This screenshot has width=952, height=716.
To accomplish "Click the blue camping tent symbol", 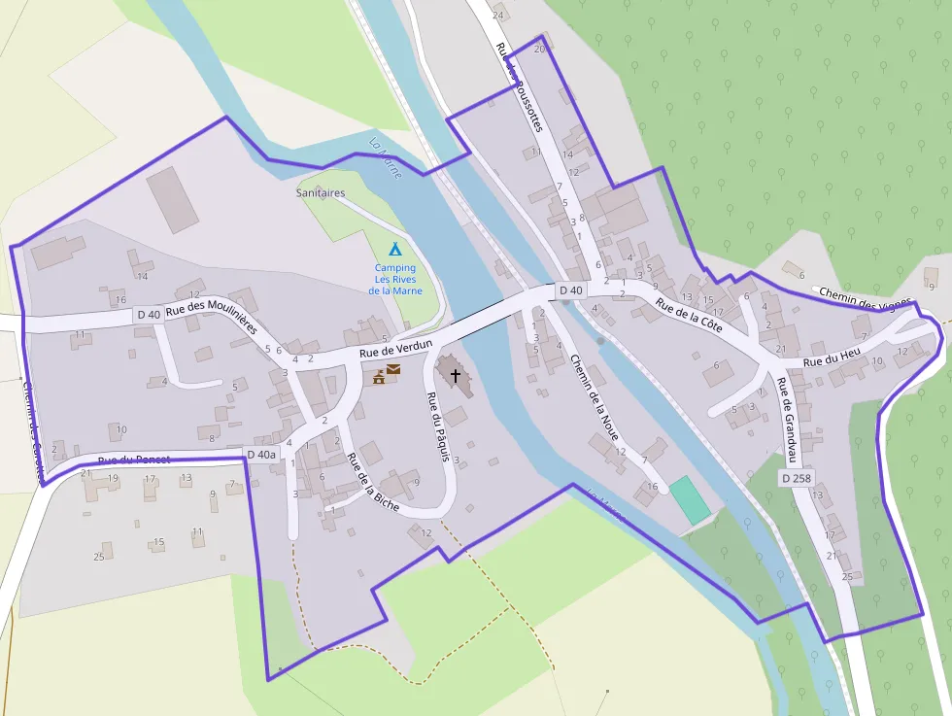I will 394,249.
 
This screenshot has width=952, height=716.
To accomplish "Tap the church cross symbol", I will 455,373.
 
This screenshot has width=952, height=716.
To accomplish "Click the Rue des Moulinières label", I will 211,318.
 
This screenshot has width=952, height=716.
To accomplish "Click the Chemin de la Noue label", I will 595,397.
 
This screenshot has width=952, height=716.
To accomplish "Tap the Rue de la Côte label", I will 689,316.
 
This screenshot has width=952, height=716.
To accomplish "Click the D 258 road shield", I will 796,478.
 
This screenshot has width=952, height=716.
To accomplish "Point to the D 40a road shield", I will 261,454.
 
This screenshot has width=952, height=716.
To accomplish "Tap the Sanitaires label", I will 321,193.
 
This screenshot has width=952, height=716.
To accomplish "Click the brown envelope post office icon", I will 394,370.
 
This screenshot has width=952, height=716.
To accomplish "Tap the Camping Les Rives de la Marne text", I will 394,279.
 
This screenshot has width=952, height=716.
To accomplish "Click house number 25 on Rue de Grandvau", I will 847,577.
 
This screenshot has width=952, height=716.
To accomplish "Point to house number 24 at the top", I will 498,16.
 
